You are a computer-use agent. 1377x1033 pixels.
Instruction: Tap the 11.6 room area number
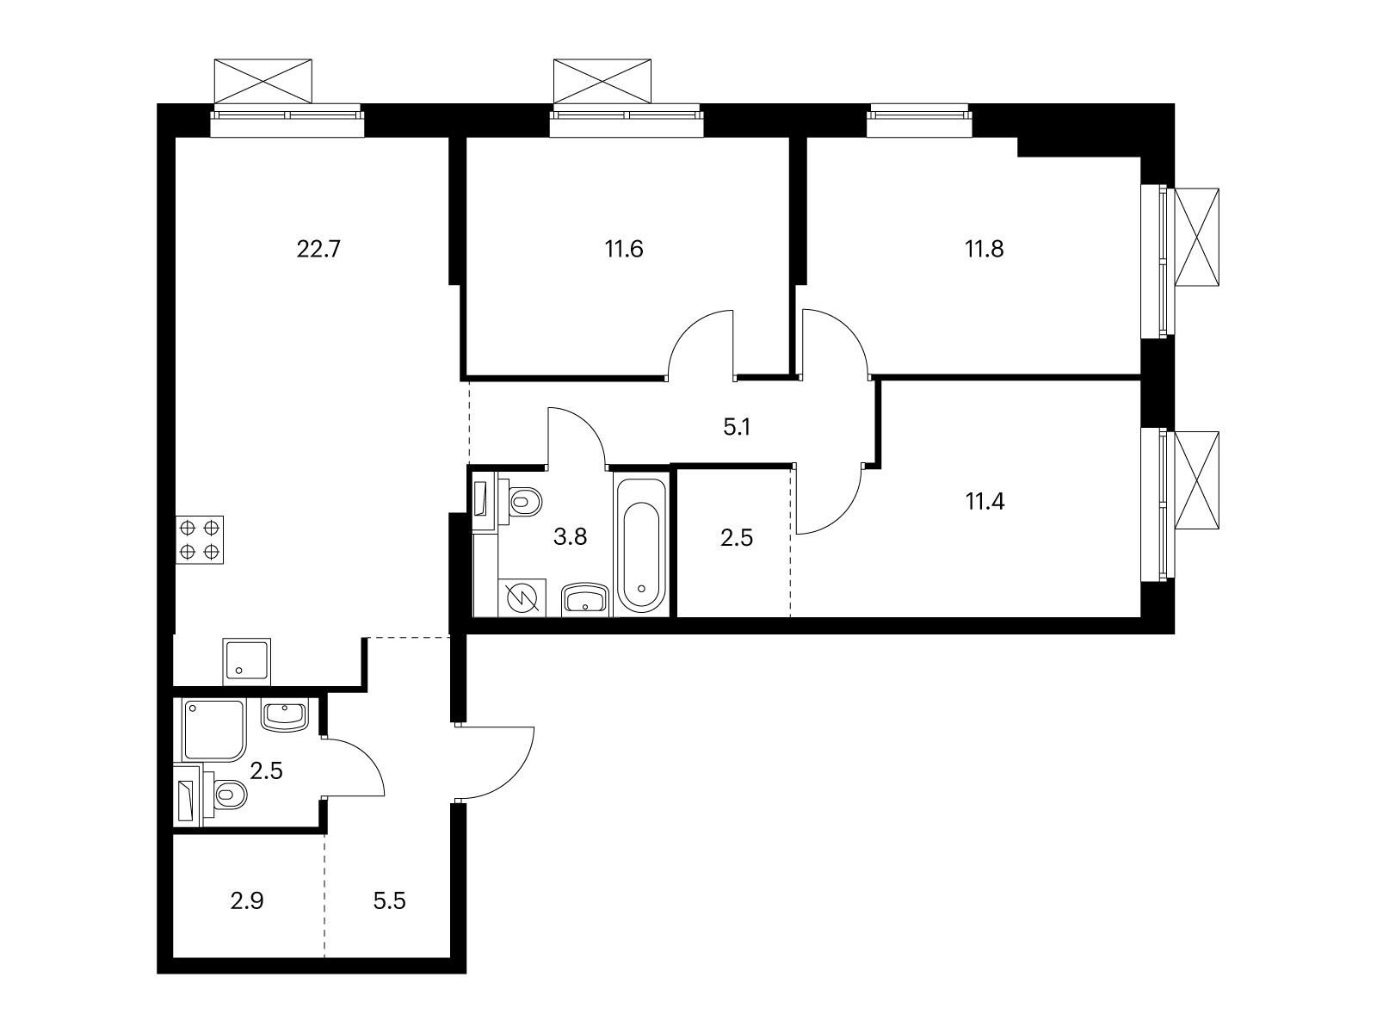click(624, 250)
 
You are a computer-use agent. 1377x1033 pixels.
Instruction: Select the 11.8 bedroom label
click(984, 250)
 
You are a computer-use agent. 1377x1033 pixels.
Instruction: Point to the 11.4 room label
click(985, 501)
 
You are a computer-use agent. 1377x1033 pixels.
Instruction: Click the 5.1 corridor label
click(737, 427)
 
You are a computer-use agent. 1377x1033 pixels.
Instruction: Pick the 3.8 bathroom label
click(570, 538)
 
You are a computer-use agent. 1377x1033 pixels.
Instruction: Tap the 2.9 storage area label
click(247, 901)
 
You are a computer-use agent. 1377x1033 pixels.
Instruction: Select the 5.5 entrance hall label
click(388, 901)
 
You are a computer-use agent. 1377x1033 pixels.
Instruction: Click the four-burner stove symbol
click(200, 540)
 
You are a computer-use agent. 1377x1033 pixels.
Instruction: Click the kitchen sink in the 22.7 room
click(246, 661)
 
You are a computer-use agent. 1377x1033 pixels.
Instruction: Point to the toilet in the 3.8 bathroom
click(523, 501)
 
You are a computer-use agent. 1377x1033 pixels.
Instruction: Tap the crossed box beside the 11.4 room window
click(1198, 479)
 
